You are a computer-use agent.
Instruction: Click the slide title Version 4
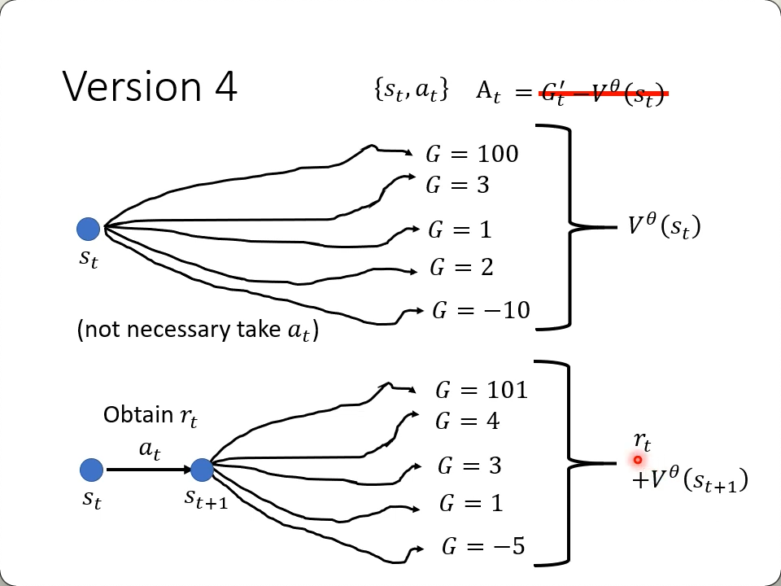[x=150, y=85]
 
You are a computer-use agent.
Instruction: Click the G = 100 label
[x=472, y=154]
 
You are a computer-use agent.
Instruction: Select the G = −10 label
[x=480, y=310]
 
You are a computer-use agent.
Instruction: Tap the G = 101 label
[x=482, y=391]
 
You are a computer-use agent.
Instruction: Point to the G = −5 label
[x=482, y=546]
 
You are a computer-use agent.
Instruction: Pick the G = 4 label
[x=468, y=422]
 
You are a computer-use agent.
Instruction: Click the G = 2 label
[x=461, y=267]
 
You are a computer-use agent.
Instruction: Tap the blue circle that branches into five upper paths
[x=88, y=230]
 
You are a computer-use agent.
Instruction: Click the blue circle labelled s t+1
[x=202, y=470]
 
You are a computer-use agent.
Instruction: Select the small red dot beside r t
[x=638, y=460]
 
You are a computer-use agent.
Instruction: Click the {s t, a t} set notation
[x=412, y=90]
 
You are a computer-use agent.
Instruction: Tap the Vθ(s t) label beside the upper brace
[x=664, y=226]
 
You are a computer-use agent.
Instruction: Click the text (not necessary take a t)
[x=198, y=330]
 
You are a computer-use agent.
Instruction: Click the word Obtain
[x=138, y=415]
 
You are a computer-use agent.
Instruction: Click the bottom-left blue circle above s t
[x=92, y=470]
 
